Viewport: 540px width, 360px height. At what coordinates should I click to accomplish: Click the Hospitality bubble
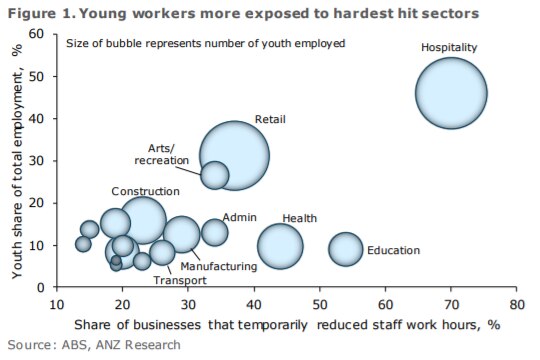pyautogui.click(x=451, y=93)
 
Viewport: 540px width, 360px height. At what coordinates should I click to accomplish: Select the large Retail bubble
pyautogui.click(x=234, y=155)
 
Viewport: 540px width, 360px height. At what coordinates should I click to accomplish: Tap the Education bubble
pyautogui.click(x=345, y=249)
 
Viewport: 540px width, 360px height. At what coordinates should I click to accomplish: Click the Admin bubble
pyautogui.click(x=214, y=232)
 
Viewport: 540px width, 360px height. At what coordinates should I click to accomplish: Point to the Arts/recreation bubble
pyautogui.click(x=214, y=175)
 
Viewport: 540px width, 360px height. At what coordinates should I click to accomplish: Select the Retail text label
pyautogui.click(x=270, y=120)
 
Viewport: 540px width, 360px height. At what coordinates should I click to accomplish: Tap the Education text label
pyautogui.click(x=393, y=251)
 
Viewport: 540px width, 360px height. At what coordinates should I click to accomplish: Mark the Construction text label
pyautogui.click(x=145, y=191)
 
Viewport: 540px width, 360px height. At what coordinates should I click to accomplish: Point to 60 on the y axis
pyautogui.click(x=37, y=34)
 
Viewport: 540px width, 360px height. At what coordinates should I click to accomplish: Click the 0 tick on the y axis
pyautogui.click(x=41, y=287)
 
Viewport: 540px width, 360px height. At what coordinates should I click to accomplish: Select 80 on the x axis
pyautogui.click(x=516, y=304)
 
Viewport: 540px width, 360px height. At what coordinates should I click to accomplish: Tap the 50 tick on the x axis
pyautogui.click(x=319, y=304)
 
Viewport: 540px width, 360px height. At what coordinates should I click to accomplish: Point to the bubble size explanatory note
pyautogui.click(x=205, y=43)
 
